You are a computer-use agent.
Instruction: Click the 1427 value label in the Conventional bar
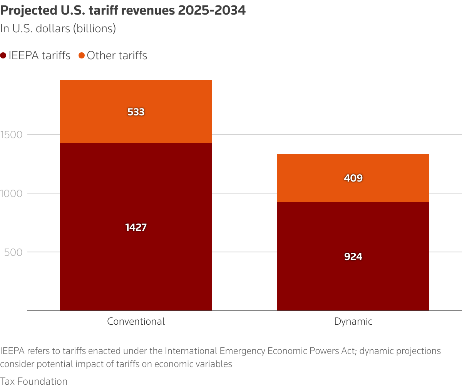tap(136, 227)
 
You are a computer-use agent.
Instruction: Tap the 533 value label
tap(136, 112)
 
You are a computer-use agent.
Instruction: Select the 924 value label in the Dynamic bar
tap(353, 257)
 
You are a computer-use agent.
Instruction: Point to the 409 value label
tap(353, 178)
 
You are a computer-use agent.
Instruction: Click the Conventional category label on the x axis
tap(136, 322)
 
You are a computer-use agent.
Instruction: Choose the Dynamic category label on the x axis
tap(353, 322)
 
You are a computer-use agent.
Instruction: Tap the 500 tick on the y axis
tap(13, 252)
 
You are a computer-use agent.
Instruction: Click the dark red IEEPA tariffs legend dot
tap(3, 56)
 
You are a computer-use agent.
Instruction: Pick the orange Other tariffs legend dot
tap(82, 56)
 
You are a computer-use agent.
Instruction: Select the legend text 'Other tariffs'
tap(117, 56)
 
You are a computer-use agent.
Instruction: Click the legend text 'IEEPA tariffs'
tap(40, 56)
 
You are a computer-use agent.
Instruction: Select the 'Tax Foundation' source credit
tap(34, 381)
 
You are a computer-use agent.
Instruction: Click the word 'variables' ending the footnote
tap(215, 364)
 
